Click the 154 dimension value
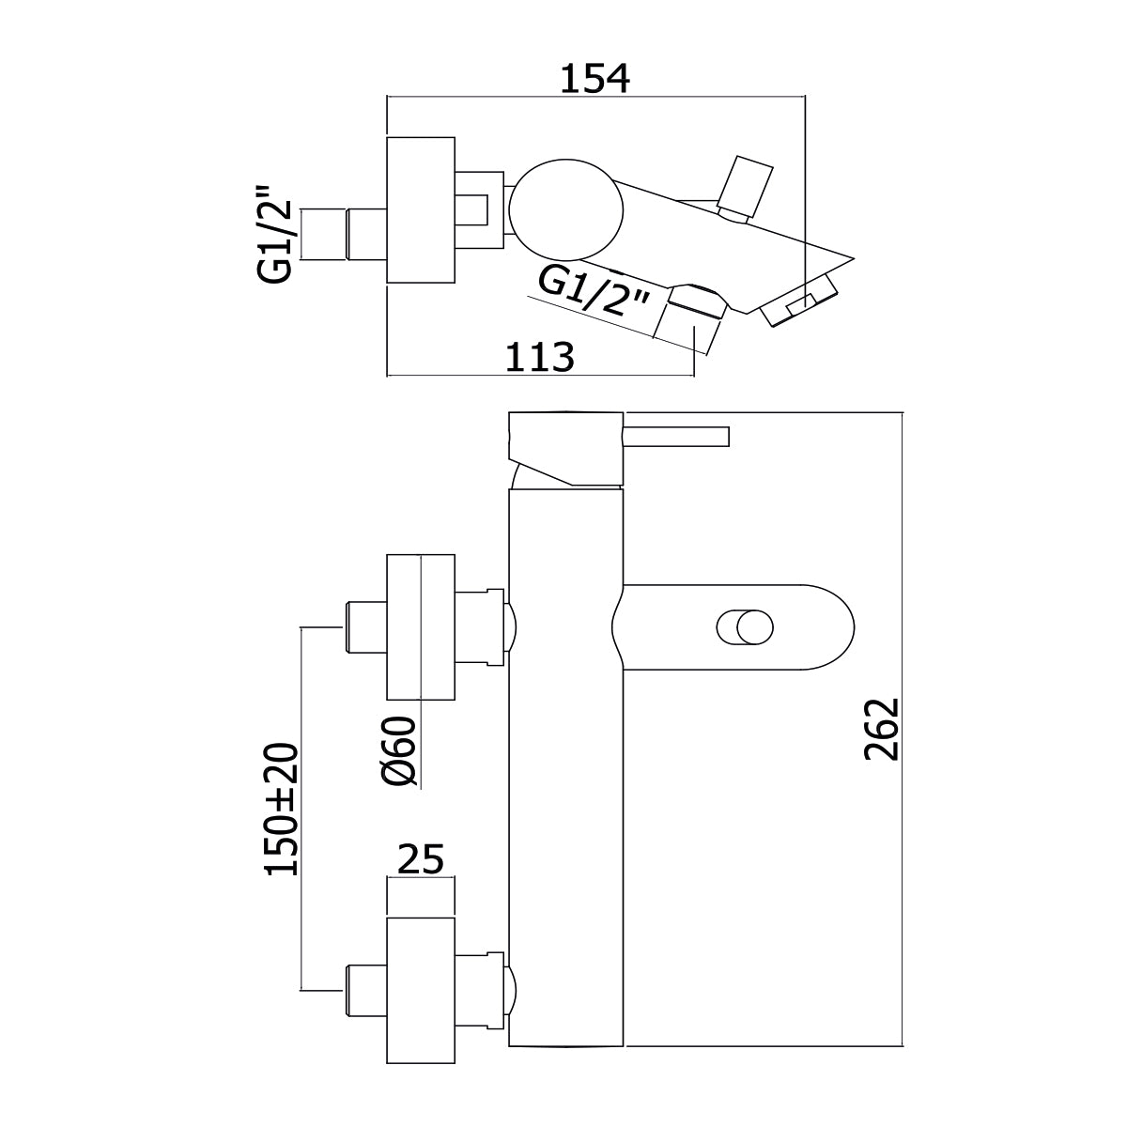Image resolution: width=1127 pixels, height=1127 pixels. coord(594,79)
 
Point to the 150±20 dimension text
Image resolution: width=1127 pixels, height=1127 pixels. coord(281,809)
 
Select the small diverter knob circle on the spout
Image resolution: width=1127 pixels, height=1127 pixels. coord(752,626)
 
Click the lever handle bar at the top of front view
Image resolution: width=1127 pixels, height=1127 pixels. coord(676,437)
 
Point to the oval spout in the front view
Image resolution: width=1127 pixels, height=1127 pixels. coord(742,626)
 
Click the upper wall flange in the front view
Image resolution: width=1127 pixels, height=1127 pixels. coord(421,627)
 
